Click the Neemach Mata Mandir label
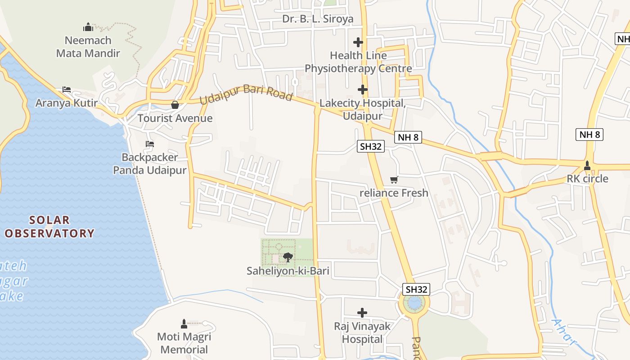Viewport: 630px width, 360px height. pyautogui.click(x=88, y=47)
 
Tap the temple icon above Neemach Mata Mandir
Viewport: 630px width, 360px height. pyautogui.click(x=88, y=27)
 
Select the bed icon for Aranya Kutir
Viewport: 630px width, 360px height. pyautogui.click(x=67, y=89)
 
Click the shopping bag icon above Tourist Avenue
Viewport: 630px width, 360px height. pyautogui.click(x=175, y=105)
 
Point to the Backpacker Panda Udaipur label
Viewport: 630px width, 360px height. pyautogui.click(x=149, y=164)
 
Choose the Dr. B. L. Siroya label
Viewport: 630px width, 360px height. pyautogui.click(x=318, y=19)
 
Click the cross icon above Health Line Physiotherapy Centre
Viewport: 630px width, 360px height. pyautogui.click(x=358, y=42)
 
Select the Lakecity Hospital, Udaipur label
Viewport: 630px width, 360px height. pyautogui.click(x=363, y=109)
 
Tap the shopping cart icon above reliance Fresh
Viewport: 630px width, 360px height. pyautogui.click(x=394, y=180)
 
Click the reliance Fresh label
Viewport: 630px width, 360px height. pyautogui.click(x=394, y=193)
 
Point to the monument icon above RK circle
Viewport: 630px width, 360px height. pyautogui.click(x=587, y=166)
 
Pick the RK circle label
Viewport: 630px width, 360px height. pyautogui.click(x=587, y=179)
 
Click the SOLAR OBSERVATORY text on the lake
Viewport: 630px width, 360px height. pyautogui.click(x=49, y=227)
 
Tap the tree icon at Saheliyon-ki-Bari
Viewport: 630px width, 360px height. pyautogui.click(x=288, y=257)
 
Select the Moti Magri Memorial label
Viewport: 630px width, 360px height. pyautogui.click(x=184, y=343)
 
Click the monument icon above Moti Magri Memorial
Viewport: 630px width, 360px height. pyautogui.click(x=184, y=324)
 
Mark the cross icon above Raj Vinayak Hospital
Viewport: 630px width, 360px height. pyautogui.click(x=362, y=312)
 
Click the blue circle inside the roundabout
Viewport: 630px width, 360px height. pyautogui.click(x=414, y=303)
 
